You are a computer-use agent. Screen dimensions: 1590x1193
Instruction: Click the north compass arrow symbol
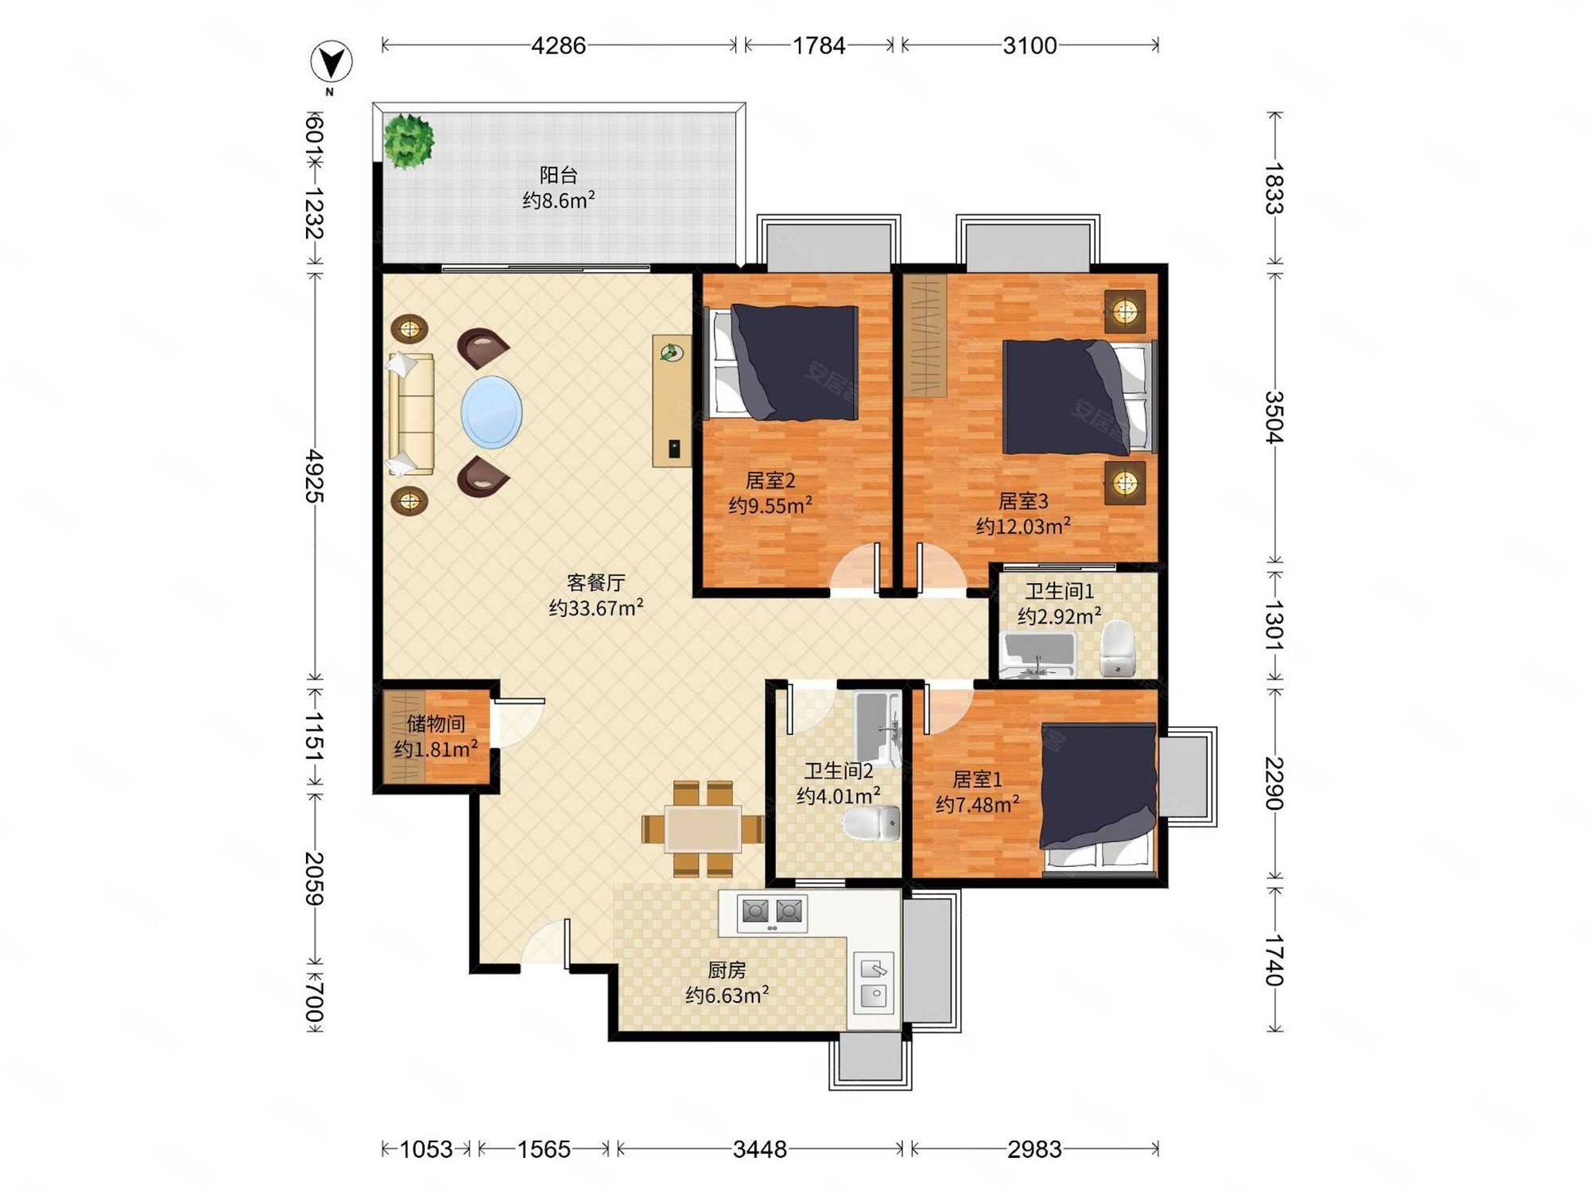pos(331,62)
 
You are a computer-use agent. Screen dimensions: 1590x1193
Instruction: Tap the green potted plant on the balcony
pos(409,141)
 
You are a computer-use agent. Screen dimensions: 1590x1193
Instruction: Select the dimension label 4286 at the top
pos(558,45)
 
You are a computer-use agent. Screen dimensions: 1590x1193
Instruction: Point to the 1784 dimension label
pos(819,45)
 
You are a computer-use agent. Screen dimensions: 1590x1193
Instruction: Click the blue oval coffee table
pos(491,412)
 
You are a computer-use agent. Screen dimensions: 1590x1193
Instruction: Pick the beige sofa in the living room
pos(411,414)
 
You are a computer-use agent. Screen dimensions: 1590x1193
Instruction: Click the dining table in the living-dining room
pos(704,829)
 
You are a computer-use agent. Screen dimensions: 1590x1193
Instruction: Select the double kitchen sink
pos(874,981)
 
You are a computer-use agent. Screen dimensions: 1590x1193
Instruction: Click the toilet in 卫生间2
pos(871,823)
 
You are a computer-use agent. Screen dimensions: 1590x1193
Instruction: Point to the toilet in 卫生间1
pos(1118,647)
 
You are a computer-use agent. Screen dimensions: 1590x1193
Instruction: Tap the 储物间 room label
pos(436,724)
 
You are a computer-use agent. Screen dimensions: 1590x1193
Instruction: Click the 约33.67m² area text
pos(595,608)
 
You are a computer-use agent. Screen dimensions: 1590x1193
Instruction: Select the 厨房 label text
pos(727,970)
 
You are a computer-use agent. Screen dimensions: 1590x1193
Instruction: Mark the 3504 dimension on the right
pos(1274,417)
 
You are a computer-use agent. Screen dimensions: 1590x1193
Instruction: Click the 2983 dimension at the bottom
pos(1034,1149)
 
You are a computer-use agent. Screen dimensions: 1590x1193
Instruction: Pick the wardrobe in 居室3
pos(925,336)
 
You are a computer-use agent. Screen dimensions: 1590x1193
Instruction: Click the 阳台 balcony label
pos(558,175)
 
